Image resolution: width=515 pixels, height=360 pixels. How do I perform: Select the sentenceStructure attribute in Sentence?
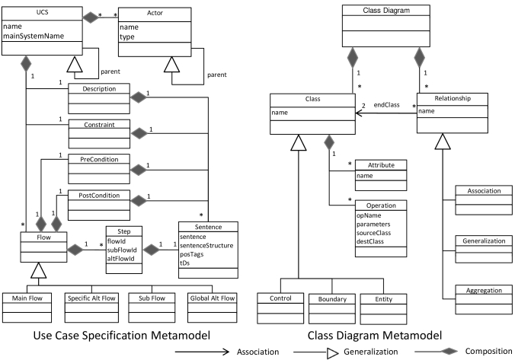(207, 247)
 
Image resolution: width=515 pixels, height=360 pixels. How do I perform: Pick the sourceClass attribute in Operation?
(373, 234)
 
